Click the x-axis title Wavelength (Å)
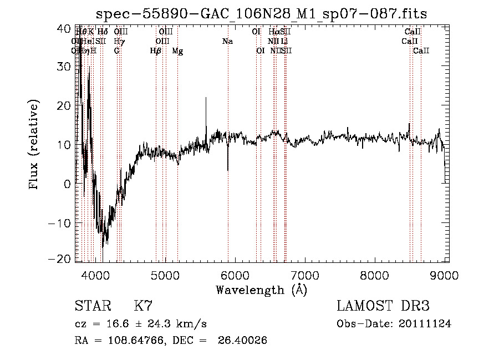tap(261, 290)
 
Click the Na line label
tap(227, 41)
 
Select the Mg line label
tap(177, 51)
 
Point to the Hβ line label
tap(156, 51)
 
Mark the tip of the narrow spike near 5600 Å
tap(206, 98)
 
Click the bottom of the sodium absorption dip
tap(228, 170)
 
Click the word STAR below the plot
tap(91, 306)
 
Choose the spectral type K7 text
tap(143, 306)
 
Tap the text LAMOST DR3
tap(383, 306)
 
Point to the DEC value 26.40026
tap(244, 341)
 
